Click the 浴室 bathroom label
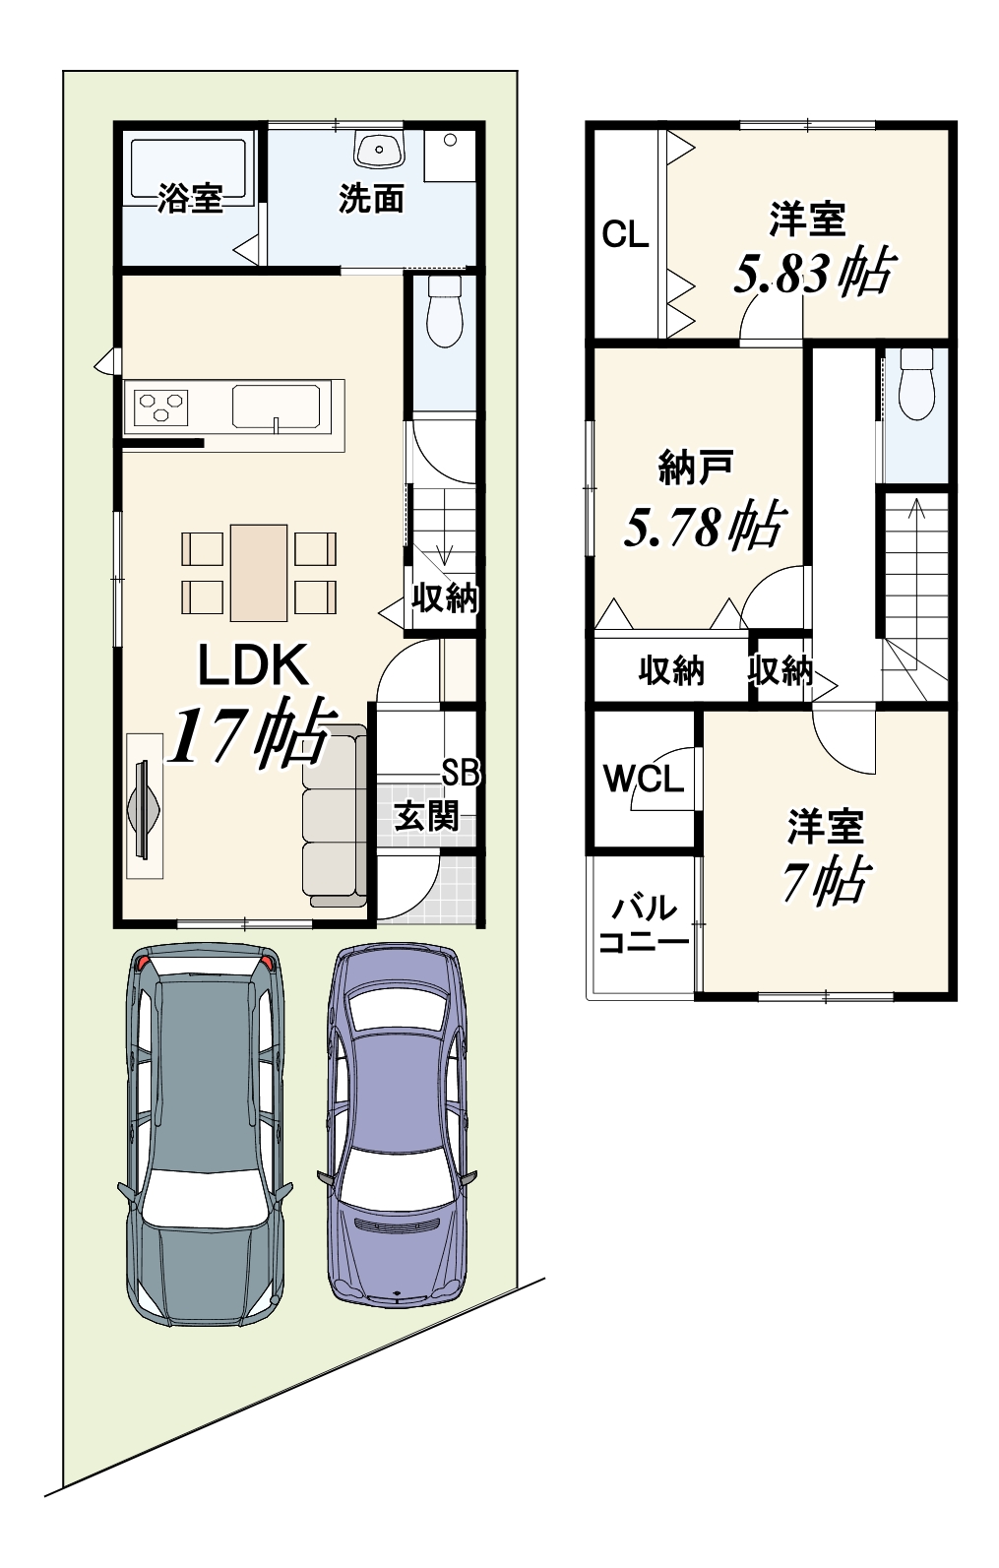[190, 198]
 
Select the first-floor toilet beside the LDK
[445, 311]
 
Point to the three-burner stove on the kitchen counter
[161, 405]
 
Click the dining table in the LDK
[259, 572]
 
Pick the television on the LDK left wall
[145, 808]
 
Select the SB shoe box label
[461, 774]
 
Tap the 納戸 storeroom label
[697, 468]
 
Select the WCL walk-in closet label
[644, 779]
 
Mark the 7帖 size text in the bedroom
[826, 880]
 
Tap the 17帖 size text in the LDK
[250, 730]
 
